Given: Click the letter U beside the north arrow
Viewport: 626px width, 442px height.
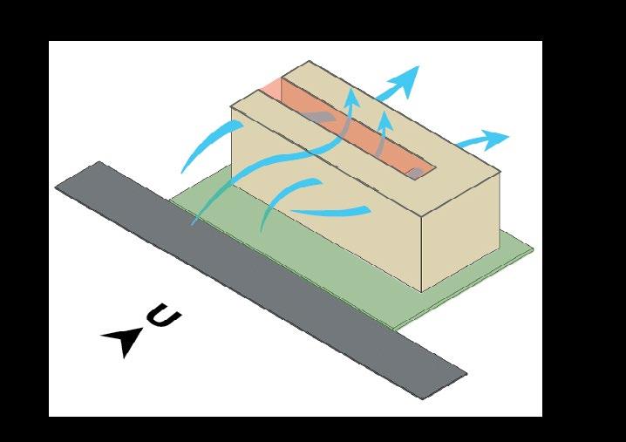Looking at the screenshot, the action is (x=164, y=317).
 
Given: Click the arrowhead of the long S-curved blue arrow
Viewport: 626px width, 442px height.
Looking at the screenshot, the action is (x=350, y=95).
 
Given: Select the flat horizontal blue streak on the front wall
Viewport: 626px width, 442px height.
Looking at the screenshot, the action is (x=331, y=211).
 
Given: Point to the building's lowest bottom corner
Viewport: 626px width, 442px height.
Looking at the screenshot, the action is (x=422, y=291).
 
